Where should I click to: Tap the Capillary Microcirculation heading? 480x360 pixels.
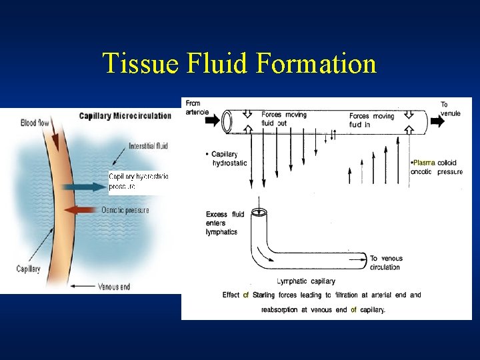(125, 115)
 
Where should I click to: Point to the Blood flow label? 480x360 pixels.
(37, 123)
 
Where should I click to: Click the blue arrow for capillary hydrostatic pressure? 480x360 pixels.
(79, 187)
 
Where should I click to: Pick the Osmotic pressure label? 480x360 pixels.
(125, 210)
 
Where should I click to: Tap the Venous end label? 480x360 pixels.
(113, 287)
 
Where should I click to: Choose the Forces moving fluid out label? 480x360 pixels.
(284, 119)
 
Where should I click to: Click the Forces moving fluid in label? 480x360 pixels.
(371, 120)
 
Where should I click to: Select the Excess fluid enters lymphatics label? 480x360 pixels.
(225, 222)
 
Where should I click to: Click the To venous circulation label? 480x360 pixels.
(385, 263)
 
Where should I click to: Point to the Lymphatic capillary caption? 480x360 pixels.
(306, 281)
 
